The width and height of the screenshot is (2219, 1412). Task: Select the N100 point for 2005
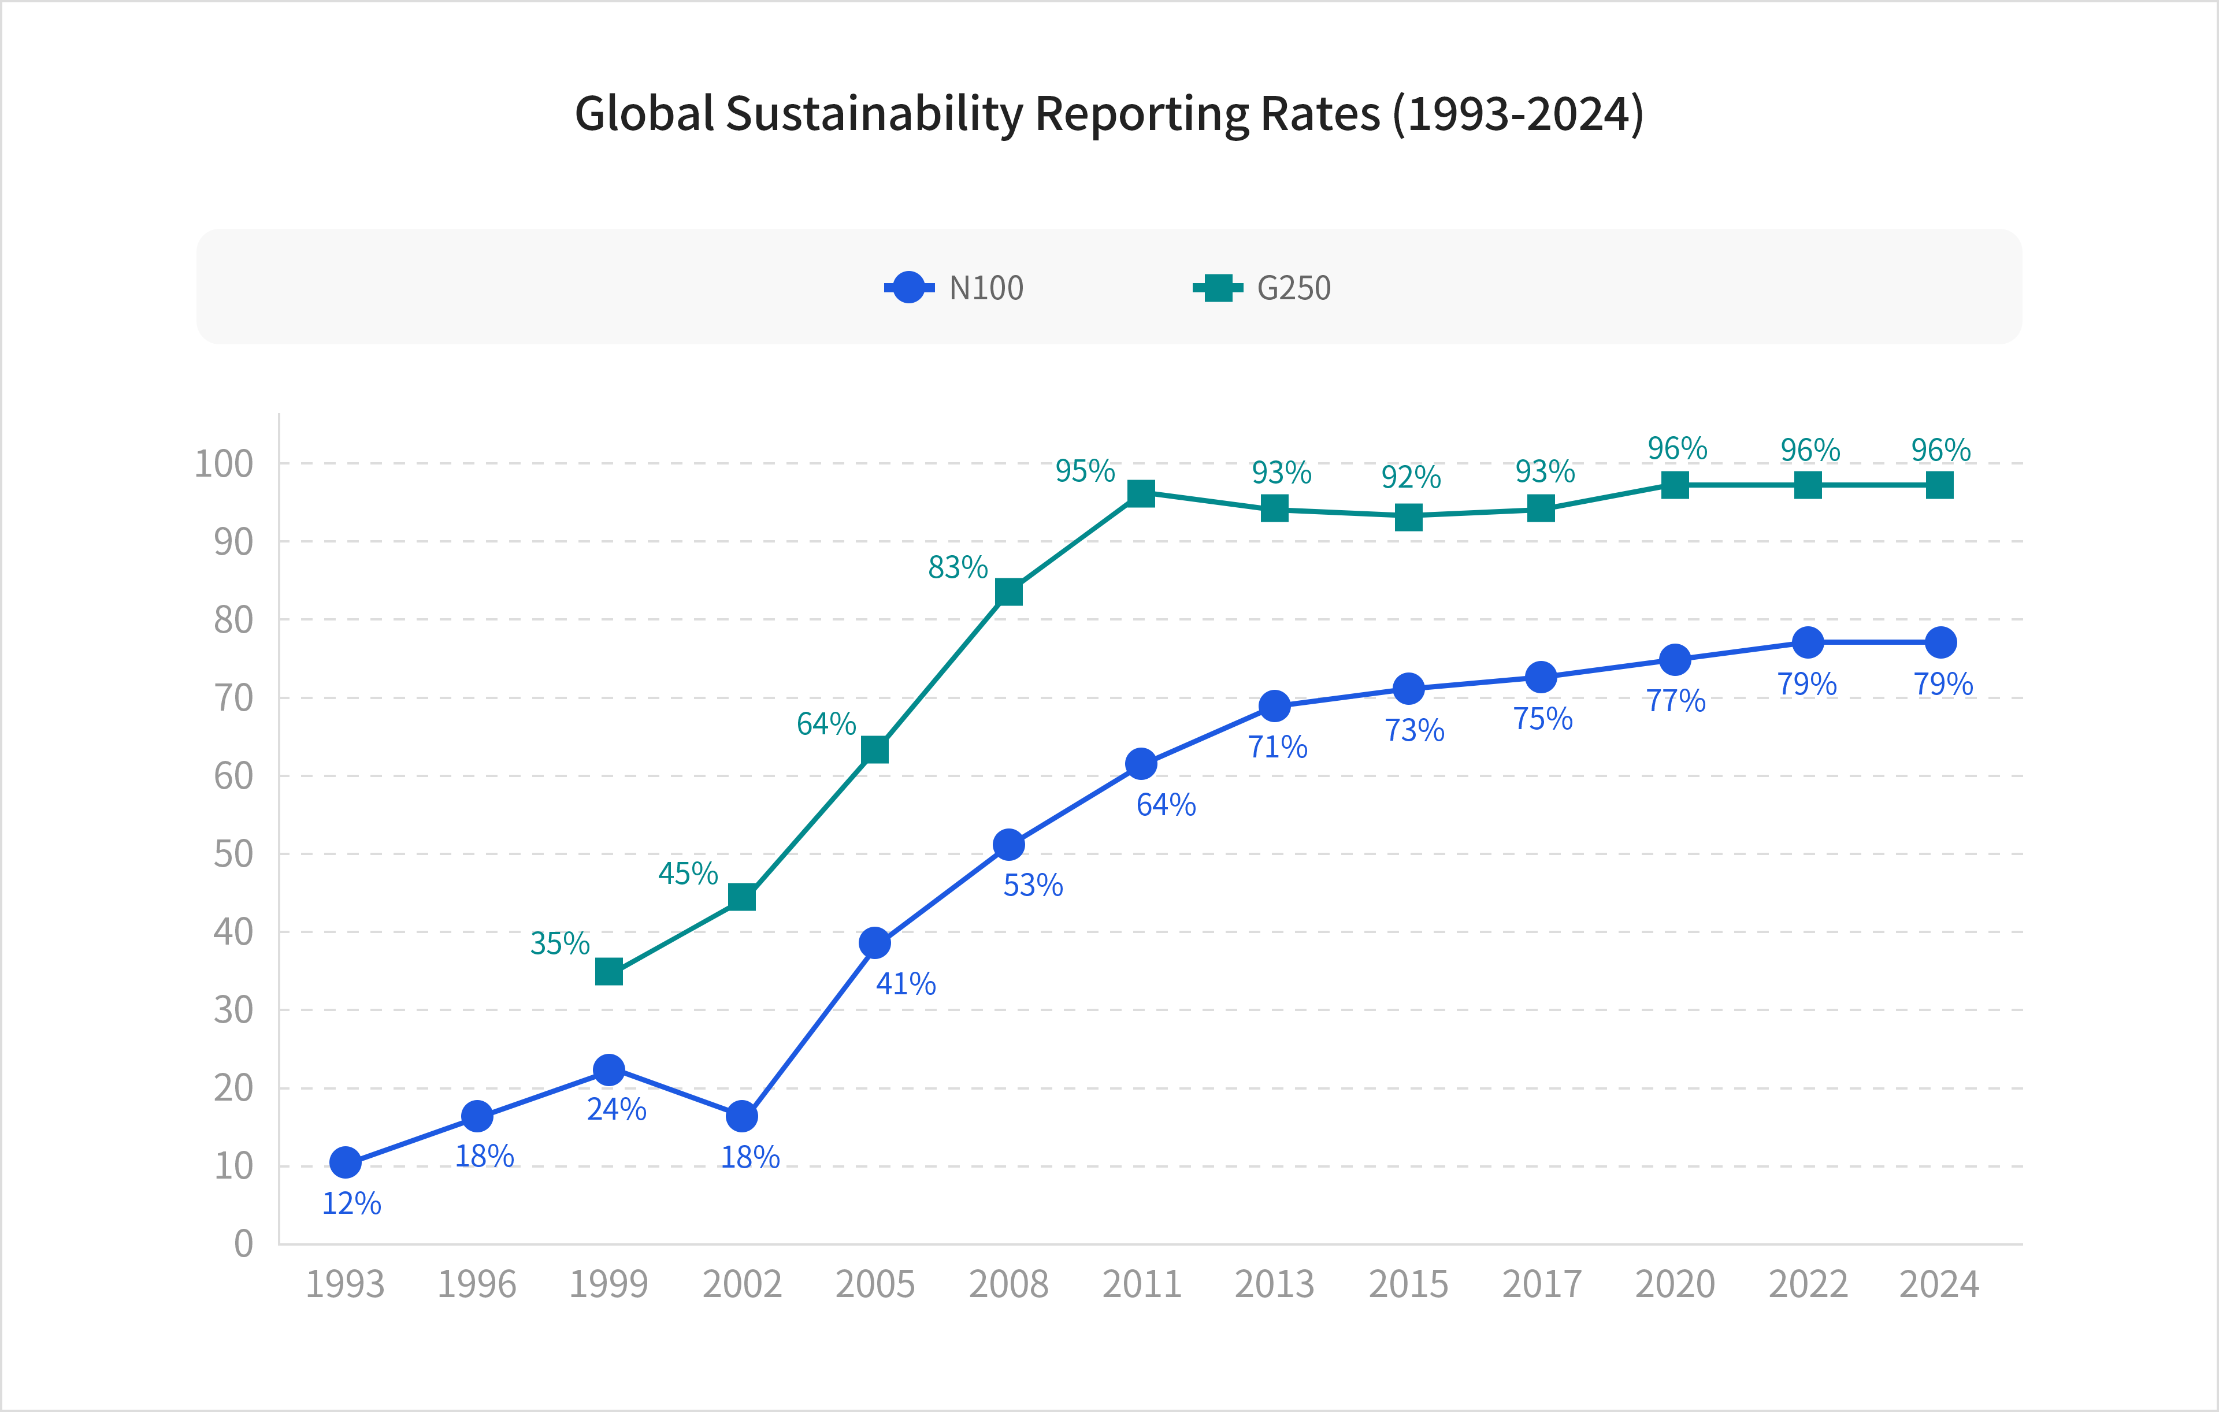[x=874, y=942]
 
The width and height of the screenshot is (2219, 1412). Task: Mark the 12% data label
[x=351, y=1203]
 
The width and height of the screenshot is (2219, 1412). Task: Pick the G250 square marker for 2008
[x=1009, y=592]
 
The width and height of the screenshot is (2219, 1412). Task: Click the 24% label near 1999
[x=617, y=1109]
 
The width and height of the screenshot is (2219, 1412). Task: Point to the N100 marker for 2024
[x=1940, y=642]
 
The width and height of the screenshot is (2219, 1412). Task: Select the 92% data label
[x=1410, y=477]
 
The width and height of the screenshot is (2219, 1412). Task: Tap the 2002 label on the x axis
[x=742, y=1284]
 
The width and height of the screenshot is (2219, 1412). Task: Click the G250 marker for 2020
[x=1675, y=485]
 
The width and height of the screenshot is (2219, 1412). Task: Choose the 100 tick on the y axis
[x=224, y=465]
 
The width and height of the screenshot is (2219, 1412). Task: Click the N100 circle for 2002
[x=742, y=1116]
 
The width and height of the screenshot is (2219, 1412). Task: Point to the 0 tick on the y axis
[x=243, y=1243]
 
